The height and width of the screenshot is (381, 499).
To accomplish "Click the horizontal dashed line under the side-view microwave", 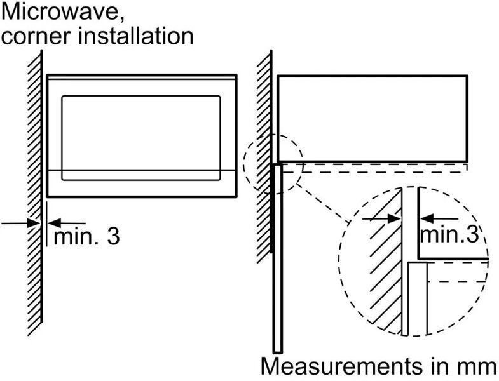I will click(381, 167).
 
